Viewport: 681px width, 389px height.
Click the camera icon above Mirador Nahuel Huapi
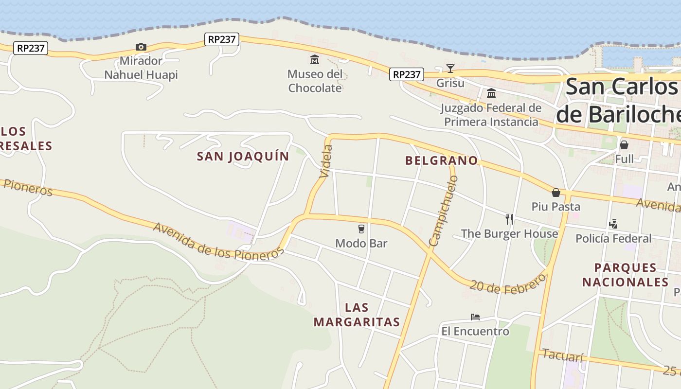pyautogui.click(x=141, y=47)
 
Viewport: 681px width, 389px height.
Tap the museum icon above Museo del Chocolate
pyautogui.click(x=315, y=60)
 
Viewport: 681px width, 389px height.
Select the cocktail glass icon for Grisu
pyautogui.click(x=450, y=69)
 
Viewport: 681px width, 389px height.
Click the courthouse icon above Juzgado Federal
pyautogui.click(x=491, y=93)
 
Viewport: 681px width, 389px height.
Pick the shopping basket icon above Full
pyautogui.click(x=624, y=145)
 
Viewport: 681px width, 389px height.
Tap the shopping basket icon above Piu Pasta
pyautogui.click(x=556, y=193)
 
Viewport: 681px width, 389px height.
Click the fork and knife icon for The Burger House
pyautogui.click(x=509, y=219)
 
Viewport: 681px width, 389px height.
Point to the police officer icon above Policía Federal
pyautogui.click(x=613, y=224)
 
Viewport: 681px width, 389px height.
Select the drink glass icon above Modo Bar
pyautogui.click(x=361, y=229)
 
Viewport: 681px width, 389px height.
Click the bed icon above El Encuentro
pyautogui.click(x=475, y=317)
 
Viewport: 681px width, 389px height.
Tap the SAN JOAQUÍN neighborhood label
pyautogui.click(x=243, y=156)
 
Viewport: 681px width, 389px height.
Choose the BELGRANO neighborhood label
pyautogui.click(x=441, y=160)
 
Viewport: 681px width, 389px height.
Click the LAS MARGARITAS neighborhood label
pyautogui.click(x=357, y=315)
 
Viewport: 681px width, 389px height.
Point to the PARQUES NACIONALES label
pyautogui.click(x=625, y=275)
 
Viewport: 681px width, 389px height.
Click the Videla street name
pyautogui.click(x=326, y=161)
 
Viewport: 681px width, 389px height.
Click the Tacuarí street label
pyautogui.click(x=562, y=355)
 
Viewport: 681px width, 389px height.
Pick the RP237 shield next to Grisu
pyautogui.click(x=407, y=74)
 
